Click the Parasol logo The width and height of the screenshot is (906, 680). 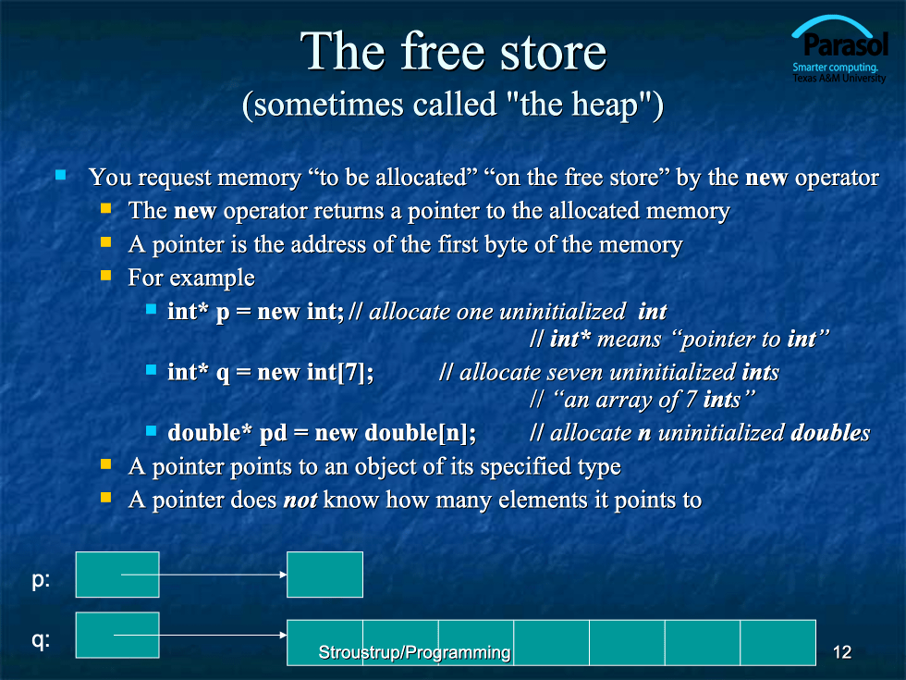pyautogui.click(x=839, y=50)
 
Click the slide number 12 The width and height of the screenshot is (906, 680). pyautogui.click(x=842, y=652)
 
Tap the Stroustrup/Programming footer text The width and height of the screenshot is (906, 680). pyautogui.click(x=414, y=652)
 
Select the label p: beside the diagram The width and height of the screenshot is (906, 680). pyautogui.click(x=41, y=579)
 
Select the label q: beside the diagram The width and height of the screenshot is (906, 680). pyautogui.click(x=41, y=640)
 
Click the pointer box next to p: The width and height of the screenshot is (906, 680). pyautogui.click(x=117, y=575)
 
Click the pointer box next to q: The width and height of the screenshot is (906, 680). pyautogui.click(x=117, y=635)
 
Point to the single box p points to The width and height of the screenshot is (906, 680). pyautogui.click(x=324, y=575)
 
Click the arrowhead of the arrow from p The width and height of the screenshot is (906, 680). pyautogui.click(x=283, y=575)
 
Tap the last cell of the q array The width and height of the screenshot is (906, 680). pyautogui.click(x=777, y=642)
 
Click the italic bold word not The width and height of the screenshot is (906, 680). pyautogui.click(x=300, y=500)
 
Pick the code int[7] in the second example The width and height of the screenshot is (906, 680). pyautogui.click(x=340, y=372)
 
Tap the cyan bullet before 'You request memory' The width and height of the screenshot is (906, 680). pyautogui.click(x=61, y=175)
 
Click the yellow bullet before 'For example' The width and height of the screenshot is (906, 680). pyautogui.click(x=105, y=276)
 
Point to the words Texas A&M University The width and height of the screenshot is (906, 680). pyautogui.click(x=839, y=78)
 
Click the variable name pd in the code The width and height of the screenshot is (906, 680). pyautogui.click(x=274, y=434)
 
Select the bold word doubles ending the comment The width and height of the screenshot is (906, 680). pyautogui.click(x=830, y=433)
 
